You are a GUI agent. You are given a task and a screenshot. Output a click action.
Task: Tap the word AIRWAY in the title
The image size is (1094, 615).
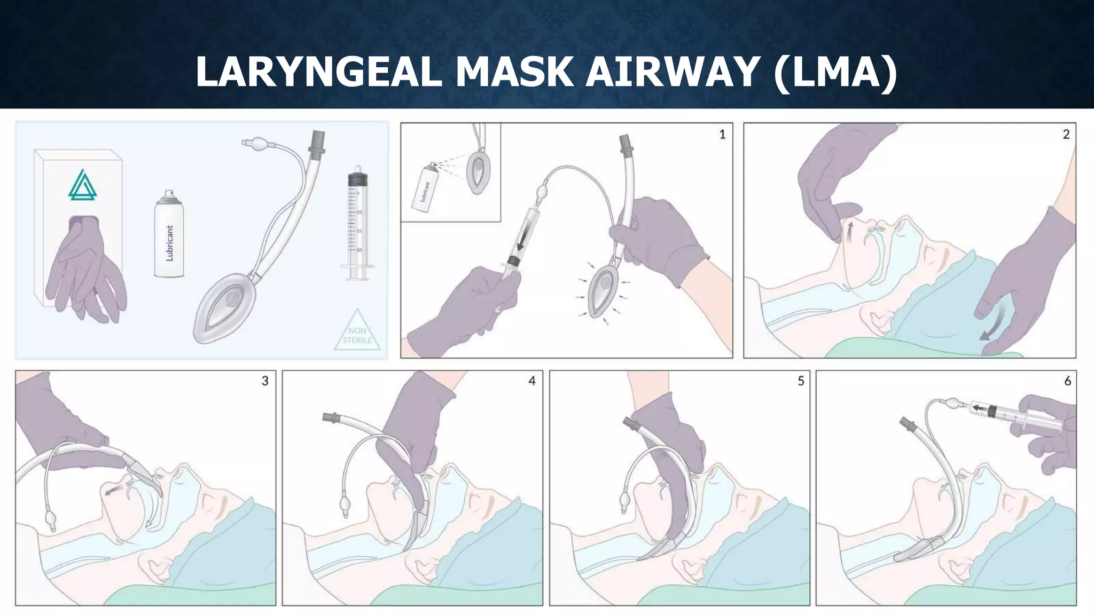pos(673,72)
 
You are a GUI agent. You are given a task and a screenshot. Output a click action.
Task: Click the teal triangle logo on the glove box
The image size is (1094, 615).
pos(83,185)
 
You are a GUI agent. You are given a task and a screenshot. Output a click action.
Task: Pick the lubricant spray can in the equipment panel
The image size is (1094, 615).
pos(169,235)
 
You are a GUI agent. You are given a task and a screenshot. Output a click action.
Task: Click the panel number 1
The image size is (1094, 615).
pos(722,135)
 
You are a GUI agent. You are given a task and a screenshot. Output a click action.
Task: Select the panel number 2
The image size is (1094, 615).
pos(1066,135)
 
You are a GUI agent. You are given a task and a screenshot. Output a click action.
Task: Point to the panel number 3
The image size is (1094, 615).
pos(265,381)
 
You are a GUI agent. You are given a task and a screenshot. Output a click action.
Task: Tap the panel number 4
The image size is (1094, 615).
pos(532,381)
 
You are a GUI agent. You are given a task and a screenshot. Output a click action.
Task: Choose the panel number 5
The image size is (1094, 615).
pos(801,381)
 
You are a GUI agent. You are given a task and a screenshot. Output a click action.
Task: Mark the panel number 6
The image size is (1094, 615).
pos(1067,381)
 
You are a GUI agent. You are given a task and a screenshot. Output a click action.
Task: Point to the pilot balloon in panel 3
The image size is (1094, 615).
pos(51,517)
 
